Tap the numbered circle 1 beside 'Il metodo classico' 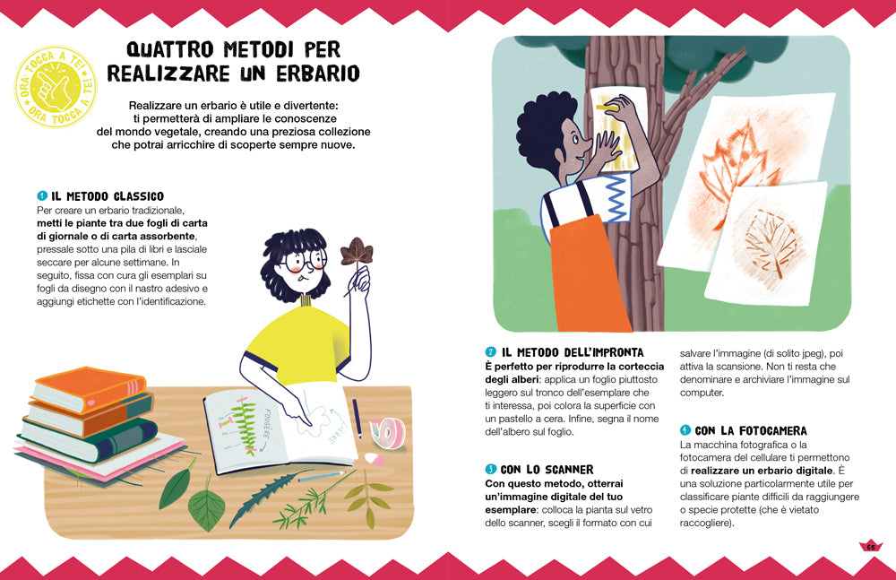coord(41,195)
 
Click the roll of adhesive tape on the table coord(388,432)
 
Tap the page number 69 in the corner coord(869,547)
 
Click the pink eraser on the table coord(379,460)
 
